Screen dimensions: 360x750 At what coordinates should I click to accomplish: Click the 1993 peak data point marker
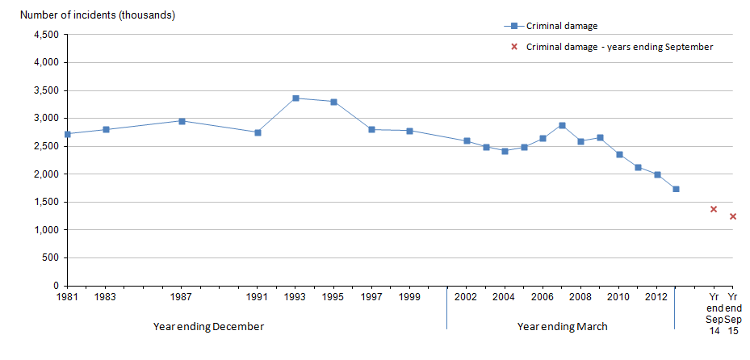[295, 98]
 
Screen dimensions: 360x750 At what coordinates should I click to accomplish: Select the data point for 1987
[182, 121]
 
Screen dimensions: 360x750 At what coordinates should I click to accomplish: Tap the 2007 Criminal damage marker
[562, 125]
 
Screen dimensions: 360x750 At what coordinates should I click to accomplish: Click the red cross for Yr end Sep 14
[714, 209]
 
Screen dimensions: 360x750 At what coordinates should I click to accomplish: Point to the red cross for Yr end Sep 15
[733, 216]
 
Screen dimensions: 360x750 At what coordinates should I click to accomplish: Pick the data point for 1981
[67, 134]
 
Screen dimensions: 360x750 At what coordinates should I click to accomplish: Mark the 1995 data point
[333, 102]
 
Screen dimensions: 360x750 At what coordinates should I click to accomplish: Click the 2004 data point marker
[505, 151]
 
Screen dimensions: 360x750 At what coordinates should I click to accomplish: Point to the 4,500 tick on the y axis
[44, 35]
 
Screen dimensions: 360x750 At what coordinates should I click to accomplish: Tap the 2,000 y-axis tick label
[44, 174]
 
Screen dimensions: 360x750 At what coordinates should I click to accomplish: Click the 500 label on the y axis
[50, 258]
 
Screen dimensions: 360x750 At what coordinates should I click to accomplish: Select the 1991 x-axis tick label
[258, 297]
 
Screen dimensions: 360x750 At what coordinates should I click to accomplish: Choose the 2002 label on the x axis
[467, 297]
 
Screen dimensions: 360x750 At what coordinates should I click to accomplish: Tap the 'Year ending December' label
[208, 327]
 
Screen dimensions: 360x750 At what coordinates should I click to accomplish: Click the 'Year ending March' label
[562, 327]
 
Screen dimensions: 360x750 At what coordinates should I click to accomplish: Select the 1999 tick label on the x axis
[409, 297]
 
